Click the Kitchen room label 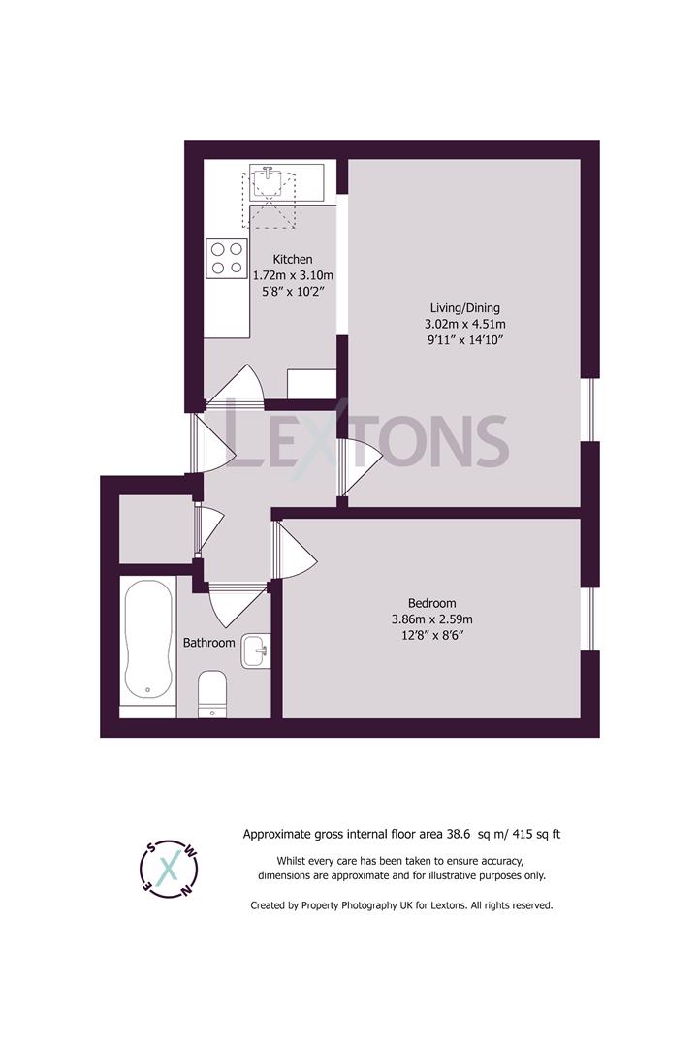(x=293, y=259)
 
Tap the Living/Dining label (x=465, y=308)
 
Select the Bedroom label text (x=432, y=603)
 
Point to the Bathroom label (x=209, y=643)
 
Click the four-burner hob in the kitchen (x=227, y=259)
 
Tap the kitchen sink (x=268, y=181)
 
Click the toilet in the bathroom (x=212, y=694)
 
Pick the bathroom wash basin (x=256, y=650)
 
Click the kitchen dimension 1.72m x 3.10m (x=293, y=275)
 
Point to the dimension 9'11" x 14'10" (x=465, y=340)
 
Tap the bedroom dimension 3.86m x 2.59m (x=432, y=619)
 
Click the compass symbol (x=169, y=868)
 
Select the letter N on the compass (x=189, y=888)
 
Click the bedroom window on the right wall (x=588, y=619)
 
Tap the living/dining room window (x=589, y=410)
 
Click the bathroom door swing (x=238, y=605)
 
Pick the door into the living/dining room (x=360, y=466)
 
